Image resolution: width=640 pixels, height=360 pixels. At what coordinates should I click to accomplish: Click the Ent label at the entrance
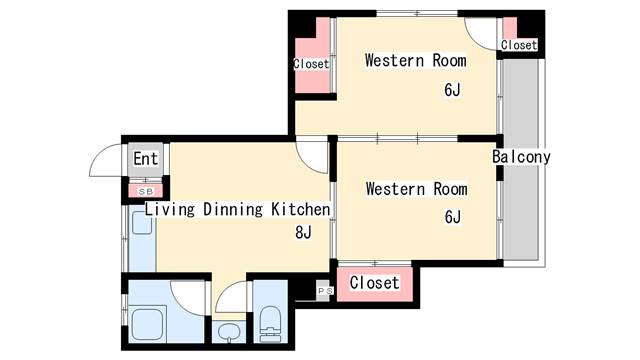145,159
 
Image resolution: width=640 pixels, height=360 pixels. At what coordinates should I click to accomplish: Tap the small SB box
146,191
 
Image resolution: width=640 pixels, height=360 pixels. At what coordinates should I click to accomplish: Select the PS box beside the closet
325,291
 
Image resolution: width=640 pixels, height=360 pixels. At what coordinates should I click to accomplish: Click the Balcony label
521,157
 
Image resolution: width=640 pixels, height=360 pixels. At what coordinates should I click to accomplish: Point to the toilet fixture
270,323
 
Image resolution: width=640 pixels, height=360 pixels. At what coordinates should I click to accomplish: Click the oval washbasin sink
228,331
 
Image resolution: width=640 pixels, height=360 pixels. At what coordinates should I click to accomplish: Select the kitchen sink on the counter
142,223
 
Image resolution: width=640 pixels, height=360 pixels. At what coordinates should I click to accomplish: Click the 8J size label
303,233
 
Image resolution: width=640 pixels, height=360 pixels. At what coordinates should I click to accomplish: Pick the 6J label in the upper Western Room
452,90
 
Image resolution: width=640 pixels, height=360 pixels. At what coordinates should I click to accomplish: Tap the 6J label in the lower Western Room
453,217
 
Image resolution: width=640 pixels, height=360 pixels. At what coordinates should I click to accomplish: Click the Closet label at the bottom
374,282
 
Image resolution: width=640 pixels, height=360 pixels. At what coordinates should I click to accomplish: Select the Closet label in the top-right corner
519,45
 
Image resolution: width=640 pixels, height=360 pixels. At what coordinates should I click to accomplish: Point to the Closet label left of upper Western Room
311,64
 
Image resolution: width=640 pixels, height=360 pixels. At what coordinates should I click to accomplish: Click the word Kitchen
300,209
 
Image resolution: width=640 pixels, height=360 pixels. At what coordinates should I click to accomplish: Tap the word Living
170,210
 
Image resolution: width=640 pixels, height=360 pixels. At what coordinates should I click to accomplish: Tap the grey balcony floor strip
520,159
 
